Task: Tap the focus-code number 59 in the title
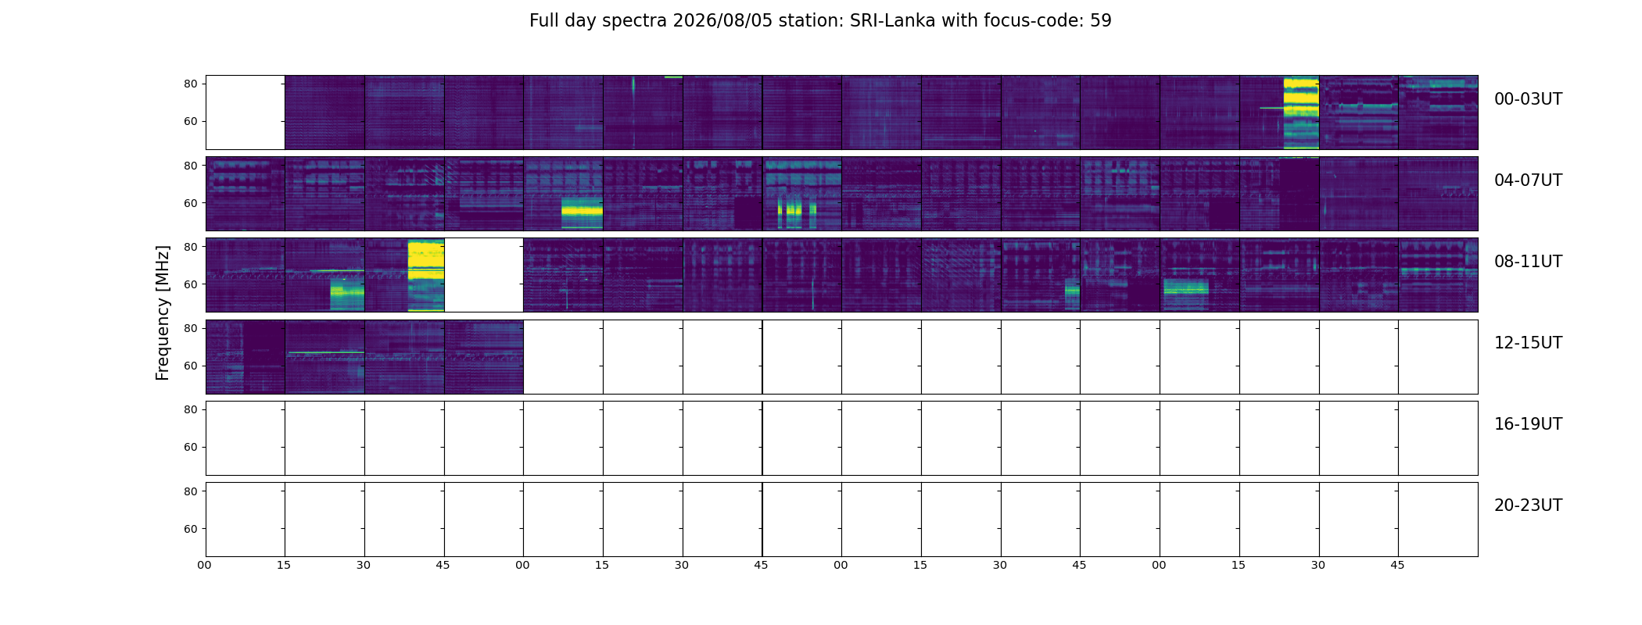1101,21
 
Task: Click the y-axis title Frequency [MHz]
163,313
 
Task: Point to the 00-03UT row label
1528,99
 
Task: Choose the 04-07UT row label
1528,180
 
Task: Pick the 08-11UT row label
1528,262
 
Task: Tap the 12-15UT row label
1528,343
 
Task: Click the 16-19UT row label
1528,424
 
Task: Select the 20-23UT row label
1528,505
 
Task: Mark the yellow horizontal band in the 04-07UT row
583,211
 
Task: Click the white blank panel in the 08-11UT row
484,275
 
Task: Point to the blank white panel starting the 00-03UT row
246,112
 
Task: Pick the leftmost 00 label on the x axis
205,565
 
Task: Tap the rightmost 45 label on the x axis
1397,565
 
